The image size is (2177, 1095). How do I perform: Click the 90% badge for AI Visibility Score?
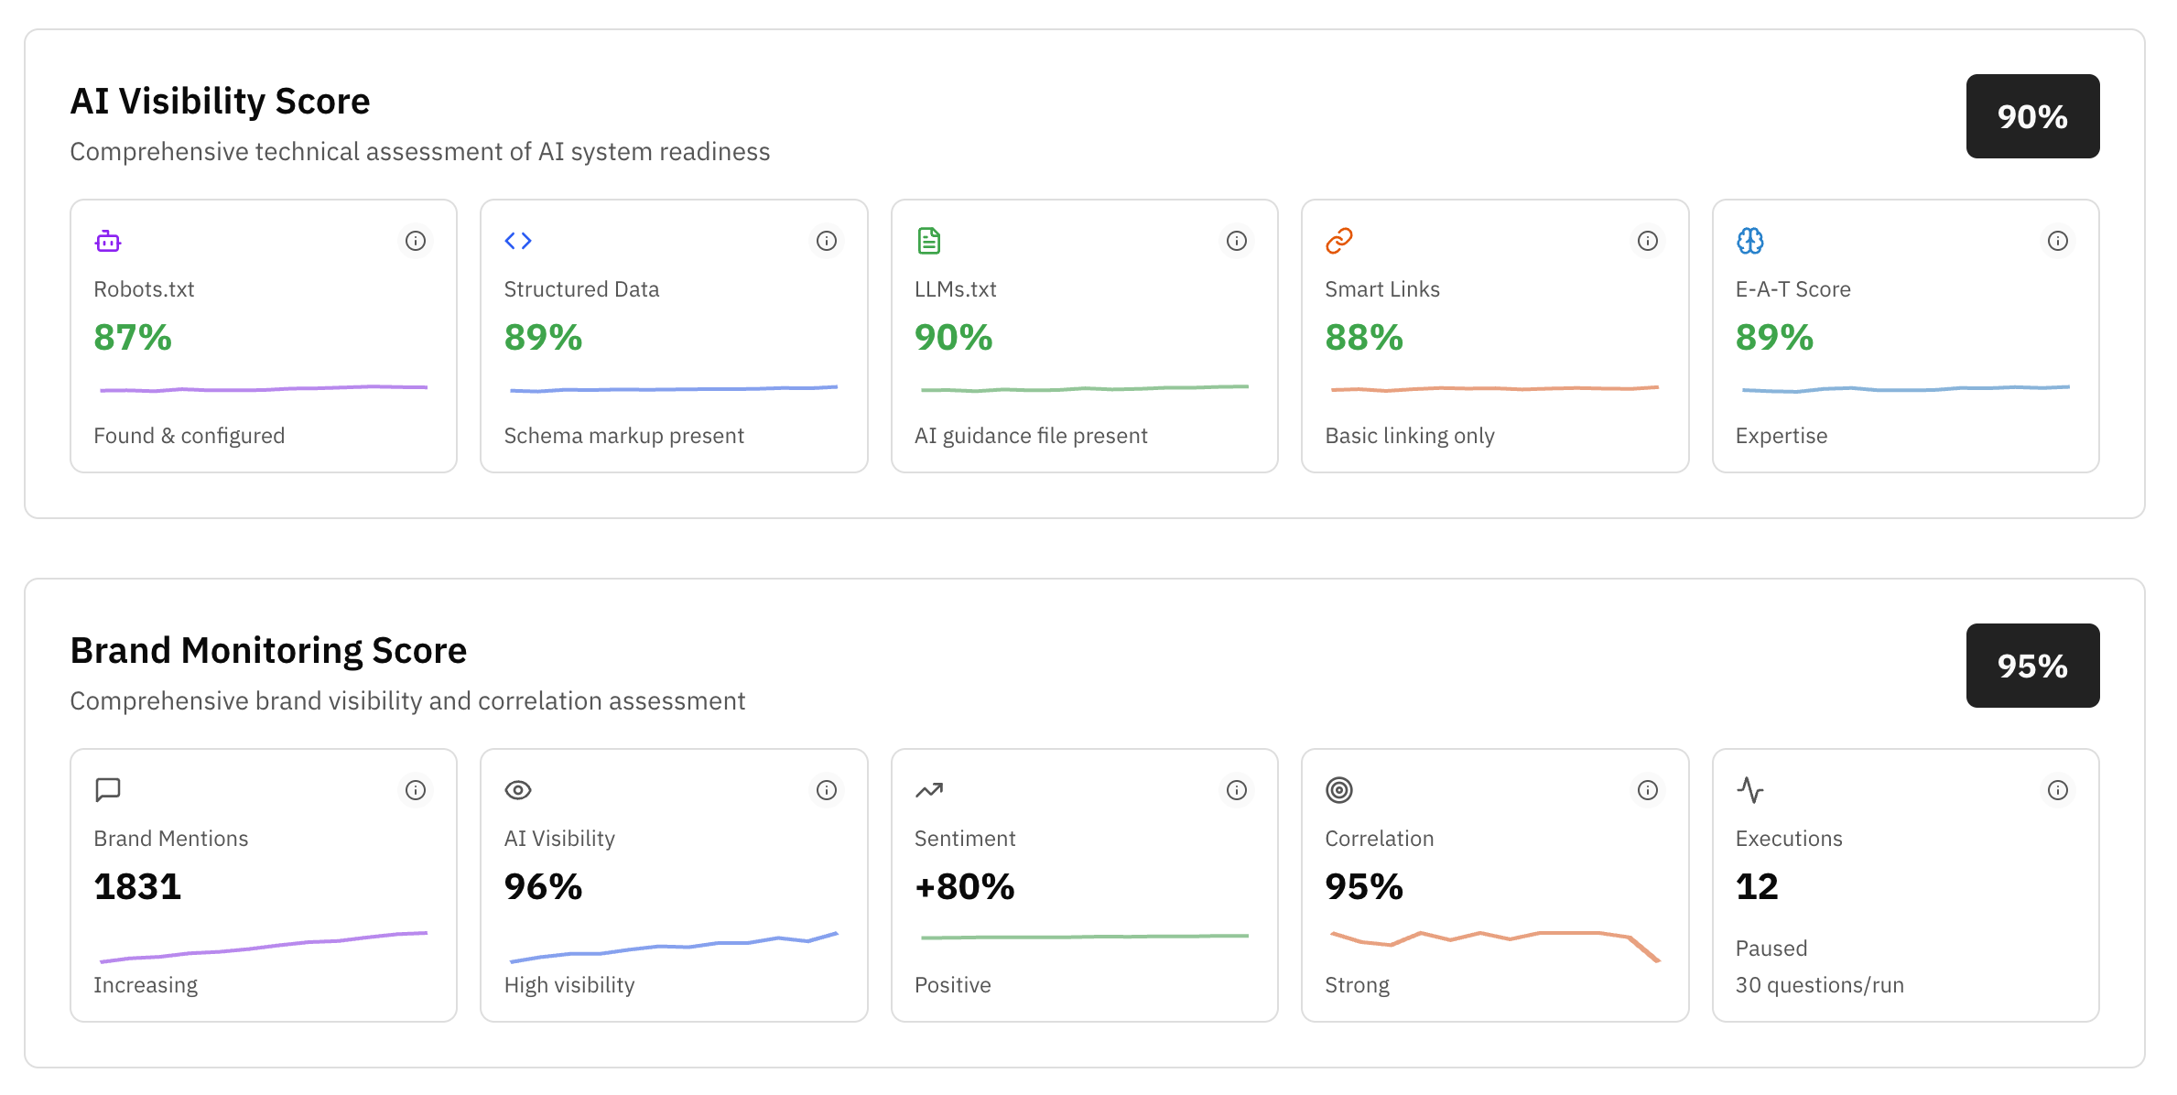tap(2031, 116)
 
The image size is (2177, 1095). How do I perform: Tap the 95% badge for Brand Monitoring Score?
tap(2031, 666)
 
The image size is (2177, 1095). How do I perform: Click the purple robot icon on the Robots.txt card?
tap(108, 241)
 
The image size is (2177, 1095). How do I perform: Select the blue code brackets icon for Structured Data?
tap(518, 241)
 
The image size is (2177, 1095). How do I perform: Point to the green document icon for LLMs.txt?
tap(928, 241)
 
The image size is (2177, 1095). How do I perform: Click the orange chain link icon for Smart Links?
tap(1338, 241)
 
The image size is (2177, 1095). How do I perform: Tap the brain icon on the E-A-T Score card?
tap(1749, 241)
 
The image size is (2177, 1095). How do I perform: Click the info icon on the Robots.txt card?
tap(416, 241)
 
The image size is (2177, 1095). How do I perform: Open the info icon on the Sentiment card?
tap(1236, 790)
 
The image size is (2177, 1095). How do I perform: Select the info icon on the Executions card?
tap(2057, 790)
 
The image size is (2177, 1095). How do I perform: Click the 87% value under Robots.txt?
tap(133, 338)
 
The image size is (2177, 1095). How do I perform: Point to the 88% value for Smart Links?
tap(1363, 338)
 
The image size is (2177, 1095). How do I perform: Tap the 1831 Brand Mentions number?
tap(137, 887)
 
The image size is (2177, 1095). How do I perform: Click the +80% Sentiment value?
tap(964, 887)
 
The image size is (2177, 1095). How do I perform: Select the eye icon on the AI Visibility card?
tap(518, 790)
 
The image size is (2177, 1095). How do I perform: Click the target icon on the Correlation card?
tap(1338, 790)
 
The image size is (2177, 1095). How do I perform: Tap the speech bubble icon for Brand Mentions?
tap(108, 790)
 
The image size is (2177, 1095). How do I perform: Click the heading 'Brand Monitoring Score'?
tap(268, 651)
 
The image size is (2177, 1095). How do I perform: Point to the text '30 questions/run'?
tap(1819, 985)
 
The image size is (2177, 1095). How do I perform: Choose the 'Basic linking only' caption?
tap(1409, 436)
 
